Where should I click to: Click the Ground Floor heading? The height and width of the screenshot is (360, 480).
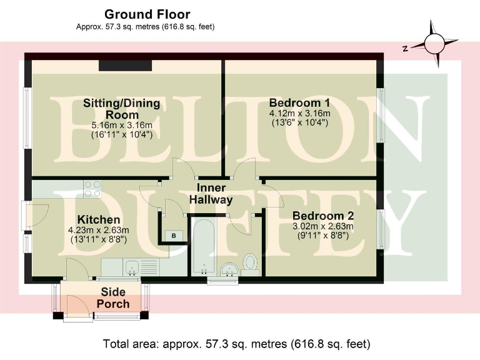tap(147, 14)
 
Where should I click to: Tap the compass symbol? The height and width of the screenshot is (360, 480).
tap(432, 44)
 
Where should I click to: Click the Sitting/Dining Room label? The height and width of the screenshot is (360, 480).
tap(121, 109)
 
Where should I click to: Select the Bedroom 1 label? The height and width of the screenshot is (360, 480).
tap(299, 103)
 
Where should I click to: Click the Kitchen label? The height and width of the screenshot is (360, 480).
tap(98, 220)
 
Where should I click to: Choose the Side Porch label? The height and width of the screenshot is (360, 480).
tap(113, 298)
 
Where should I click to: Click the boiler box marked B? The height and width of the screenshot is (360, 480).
tap(174, 235)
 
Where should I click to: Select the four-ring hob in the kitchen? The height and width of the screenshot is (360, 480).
tap(92, 189)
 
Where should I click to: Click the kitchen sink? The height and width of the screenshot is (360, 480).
tap(133, 269)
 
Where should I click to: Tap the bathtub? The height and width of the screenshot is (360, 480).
tap(203, 247)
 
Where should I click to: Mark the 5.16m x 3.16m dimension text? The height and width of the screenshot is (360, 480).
tap(121, 125)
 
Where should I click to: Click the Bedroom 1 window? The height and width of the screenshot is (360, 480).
tap(382, 114)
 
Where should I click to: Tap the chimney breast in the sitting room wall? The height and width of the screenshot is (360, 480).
tap(126, 66)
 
